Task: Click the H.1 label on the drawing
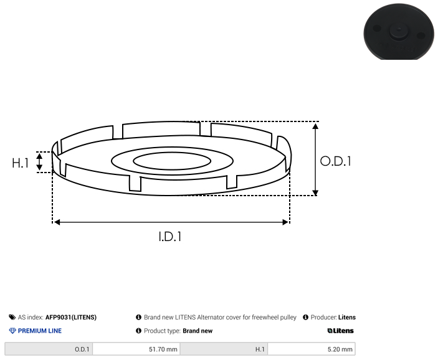(21, 163)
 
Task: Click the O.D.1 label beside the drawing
(335, 161)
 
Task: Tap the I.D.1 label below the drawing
(170, 237)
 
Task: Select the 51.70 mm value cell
(136, 349)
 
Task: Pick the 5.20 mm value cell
(312, 349)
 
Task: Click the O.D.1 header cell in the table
(49, 349)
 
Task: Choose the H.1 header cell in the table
(224, 349)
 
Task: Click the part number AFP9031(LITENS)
(71, 317)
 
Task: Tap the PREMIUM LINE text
(40, 331)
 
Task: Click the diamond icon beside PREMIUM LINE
(12, 331)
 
